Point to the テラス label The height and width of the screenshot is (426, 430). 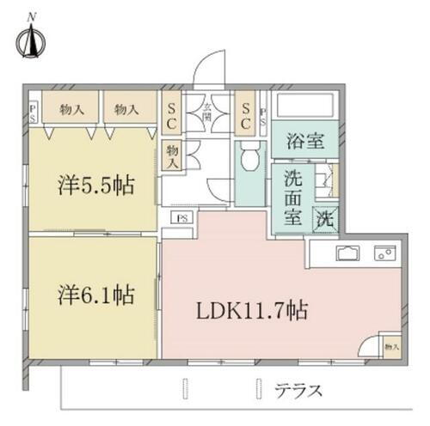click(x=299, y=391)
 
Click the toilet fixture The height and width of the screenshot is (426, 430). click(x=251, y=158)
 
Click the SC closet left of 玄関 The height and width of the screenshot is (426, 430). click(x=172, y=116)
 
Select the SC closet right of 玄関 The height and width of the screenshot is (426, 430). click(x=245, y=116)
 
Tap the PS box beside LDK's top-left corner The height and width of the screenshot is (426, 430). click(x=183, y=217)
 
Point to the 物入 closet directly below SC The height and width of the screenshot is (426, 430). click(x=172, y=155)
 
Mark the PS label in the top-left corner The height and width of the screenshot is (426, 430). click(x=33, y=113)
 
